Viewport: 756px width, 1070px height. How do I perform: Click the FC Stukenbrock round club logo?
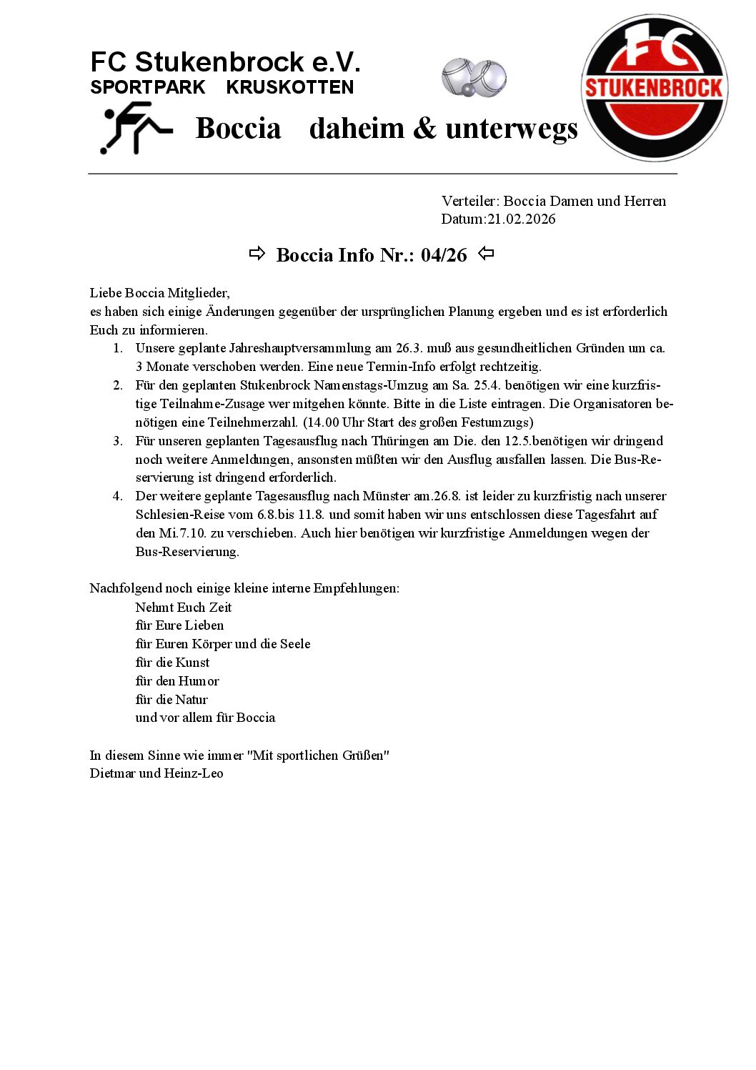655,88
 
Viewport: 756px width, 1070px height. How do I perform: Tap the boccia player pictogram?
136,128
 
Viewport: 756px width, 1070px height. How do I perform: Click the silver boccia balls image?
474,77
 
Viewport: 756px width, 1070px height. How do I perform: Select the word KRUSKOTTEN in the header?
289,87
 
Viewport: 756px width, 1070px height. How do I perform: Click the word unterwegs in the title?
511,129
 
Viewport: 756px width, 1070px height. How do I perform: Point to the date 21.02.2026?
521,219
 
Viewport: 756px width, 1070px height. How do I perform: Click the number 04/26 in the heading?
444,255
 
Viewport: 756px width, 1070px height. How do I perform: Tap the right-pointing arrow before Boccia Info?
257,254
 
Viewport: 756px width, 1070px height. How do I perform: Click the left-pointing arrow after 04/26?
486,254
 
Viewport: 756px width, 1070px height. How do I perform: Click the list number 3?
118,441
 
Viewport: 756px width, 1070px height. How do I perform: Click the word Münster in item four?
387,496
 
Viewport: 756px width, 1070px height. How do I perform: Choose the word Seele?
295,644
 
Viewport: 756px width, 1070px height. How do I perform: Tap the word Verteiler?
469,201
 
